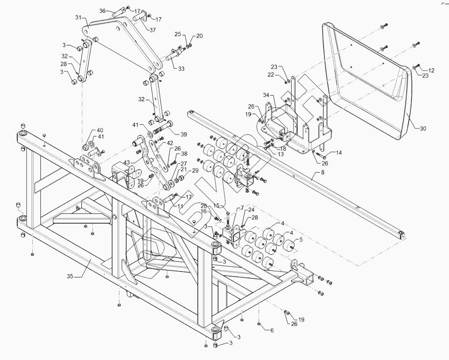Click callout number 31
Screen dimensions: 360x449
(78, 18)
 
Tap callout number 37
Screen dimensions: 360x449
(153, 30)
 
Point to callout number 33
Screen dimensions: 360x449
(181, 69)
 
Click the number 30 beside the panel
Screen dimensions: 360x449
(423, 129)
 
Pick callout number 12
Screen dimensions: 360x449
(431, 71)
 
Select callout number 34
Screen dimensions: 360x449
(266, 95)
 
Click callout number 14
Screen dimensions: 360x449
(338, 152)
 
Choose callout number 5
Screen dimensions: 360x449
(300, 239)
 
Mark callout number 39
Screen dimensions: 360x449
(184, 135)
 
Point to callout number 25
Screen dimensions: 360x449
(177, 34)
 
